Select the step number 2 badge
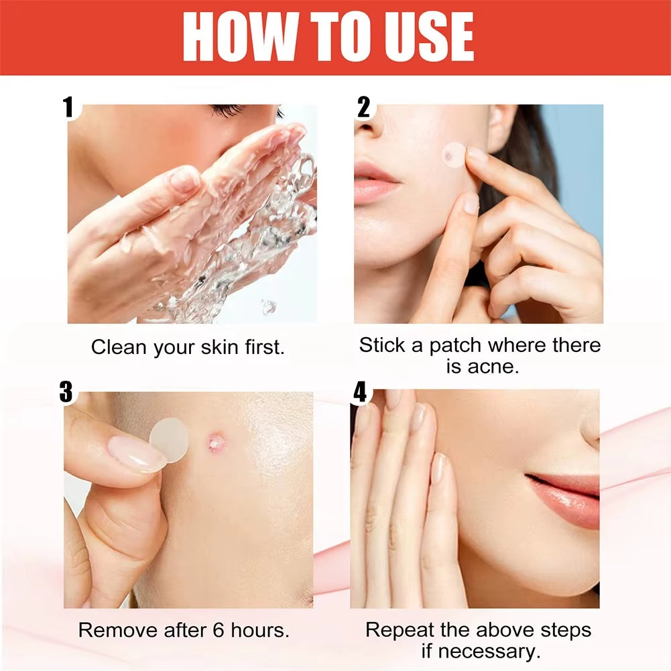[x=364, y=107]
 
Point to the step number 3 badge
[x=66, y=392]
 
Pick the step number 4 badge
[x=361, y=393]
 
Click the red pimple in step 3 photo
[x=215, y=441]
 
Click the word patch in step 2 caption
[x=455, y=346]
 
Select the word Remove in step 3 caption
[x=114, y=630]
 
